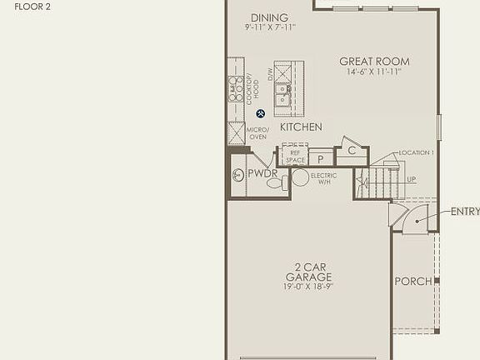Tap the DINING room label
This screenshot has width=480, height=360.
[269, 17]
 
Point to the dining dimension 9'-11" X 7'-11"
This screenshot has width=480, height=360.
[270, 27]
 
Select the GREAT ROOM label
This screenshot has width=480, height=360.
[374, 61]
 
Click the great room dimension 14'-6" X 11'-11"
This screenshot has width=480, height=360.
[374, 72]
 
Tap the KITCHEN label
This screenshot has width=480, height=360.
[301, 127]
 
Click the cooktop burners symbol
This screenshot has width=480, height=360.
[236, 88]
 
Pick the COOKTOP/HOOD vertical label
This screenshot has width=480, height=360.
[251, 88]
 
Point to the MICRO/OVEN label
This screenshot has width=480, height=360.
[257, 133]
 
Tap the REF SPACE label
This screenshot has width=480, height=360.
[295, 157]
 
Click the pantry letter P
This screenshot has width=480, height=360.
[320, 159]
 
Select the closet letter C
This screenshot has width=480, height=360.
[352, 151]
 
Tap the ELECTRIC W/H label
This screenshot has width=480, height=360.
[323, 179]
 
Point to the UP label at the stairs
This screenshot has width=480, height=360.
[412, 179]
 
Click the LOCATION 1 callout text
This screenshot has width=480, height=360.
[416, 153]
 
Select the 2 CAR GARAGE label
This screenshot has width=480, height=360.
[308, 272]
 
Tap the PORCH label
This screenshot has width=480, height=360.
[413, 282]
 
